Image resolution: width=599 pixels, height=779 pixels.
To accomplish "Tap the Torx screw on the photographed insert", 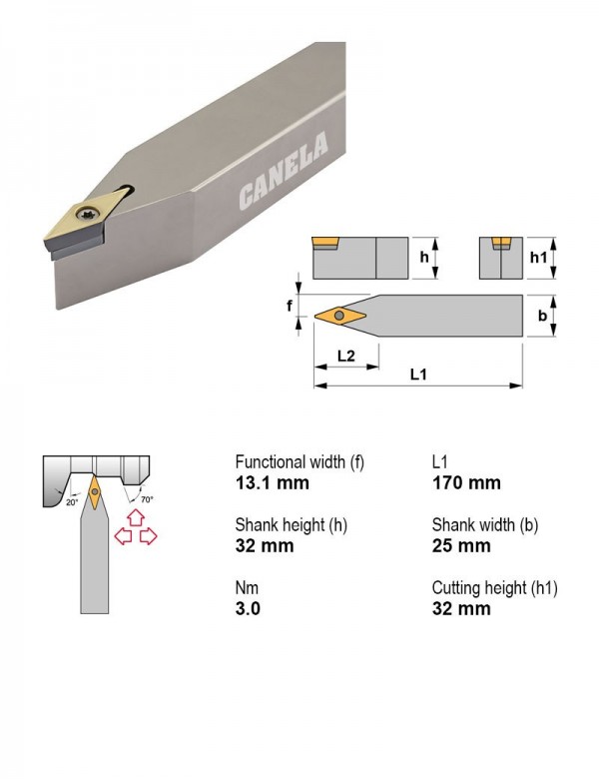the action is (x=93, y=214).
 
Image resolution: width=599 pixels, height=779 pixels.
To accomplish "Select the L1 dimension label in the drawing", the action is (x=418, y=375).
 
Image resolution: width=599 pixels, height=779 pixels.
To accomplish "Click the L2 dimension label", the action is (x=346, y=356).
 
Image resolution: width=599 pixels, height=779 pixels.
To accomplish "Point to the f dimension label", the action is (x=290, y=306).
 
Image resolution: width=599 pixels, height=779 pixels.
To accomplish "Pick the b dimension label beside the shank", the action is (x=542, y=316).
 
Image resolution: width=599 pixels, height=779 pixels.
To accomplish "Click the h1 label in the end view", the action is (x=538, y=257).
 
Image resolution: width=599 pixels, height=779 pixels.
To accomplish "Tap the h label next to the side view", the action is (x=424, y=257).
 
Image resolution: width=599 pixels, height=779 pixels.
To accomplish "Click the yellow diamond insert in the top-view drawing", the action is (x=340, y=316).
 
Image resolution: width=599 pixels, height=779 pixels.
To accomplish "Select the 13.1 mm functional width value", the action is (x=273, y=483).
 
